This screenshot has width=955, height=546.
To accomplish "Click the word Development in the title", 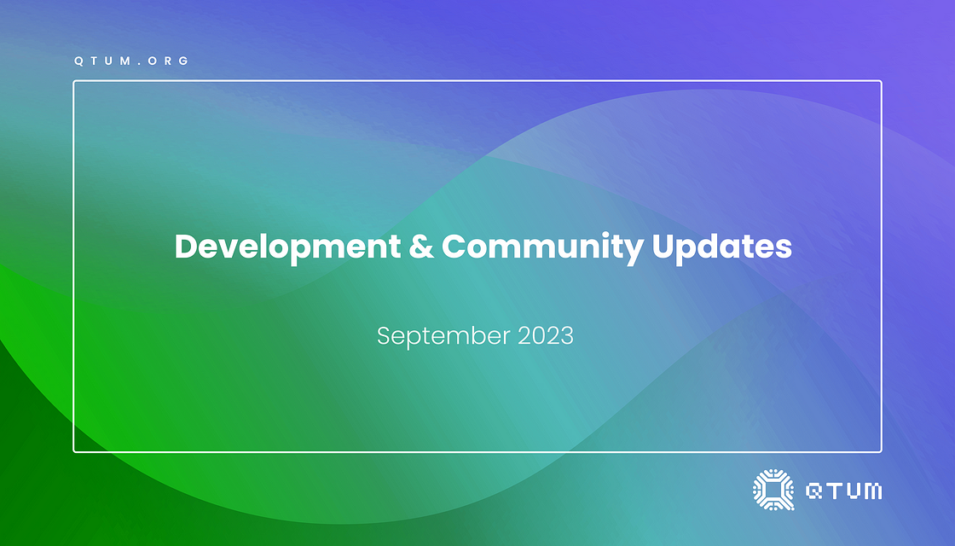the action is (x=287, y=247).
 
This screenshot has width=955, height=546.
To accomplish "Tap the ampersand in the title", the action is (x=421, y=247).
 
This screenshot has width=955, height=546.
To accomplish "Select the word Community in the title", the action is (x=542, y=247).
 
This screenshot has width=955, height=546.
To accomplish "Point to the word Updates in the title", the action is (x=721, y=247).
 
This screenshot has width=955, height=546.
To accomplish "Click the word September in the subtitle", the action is (x=443, y=336).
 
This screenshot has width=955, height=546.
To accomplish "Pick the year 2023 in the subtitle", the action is (x=546, y=336).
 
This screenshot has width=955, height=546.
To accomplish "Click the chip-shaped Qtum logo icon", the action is (x=773, y=490).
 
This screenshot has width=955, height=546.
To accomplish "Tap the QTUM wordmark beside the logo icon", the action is (x=843, y=491).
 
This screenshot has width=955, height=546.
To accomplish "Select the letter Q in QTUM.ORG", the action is (x=78, y=61).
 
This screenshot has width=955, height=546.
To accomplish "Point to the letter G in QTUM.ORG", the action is (x=184, y=61).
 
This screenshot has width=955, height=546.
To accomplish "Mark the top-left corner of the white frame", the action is (x=73, y=80).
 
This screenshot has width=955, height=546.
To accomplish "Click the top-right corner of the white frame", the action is (x=882, y=80).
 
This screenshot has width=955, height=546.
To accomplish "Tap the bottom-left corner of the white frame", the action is (x=73, y=452).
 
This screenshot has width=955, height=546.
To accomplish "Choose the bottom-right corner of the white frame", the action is (x=882, y=452).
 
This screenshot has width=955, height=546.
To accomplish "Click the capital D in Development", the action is (x=187, y=247).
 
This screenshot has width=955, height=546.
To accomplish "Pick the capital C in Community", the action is (x=454, y=247).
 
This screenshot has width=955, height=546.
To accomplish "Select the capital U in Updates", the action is (x=663, y=247).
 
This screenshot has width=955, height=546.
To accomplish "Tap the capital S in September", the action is (x=384, y=336).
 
